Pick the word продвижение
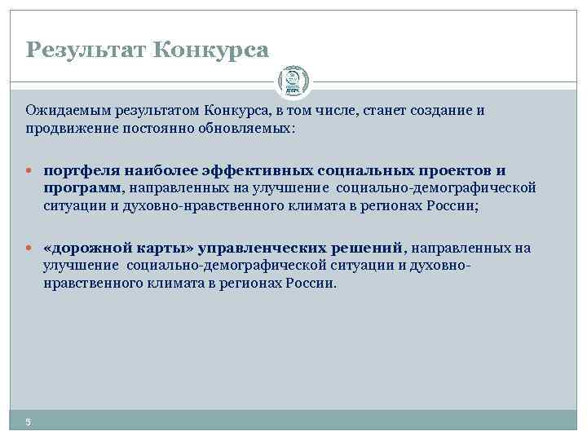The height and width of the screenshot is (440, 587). click(x=69, y=129)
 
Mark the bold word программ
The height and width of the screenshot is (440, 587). click(x=82, y=188)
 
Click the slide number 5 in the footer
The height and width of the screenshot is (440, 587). click(x=28, y=420)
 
